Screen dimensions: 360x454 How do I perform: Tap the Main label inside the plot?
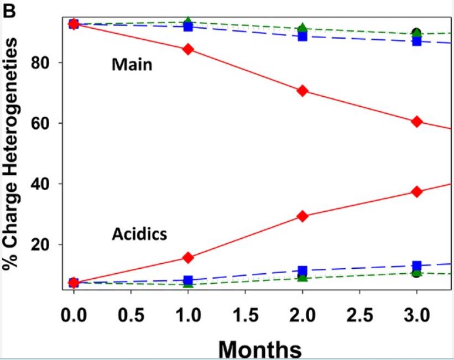point(132,65)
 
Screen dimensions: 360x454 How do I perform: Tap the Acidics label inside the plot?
point(139,234)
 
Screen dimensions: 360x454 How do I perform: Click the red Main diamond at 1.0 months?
point(188,49)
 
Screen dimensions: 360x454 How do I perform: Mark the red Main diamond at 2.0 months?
point(302,91)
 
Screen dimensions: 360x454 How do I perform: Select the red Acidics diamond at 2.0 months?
point(302,216)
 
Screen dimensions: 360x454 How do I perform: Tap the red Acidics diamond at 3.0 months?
point(417,191)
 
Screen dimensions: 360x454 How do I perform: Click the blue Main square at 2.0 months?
point(302,36)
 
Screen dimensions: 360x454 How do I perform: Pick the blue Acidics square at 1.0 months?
point(188,280)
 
